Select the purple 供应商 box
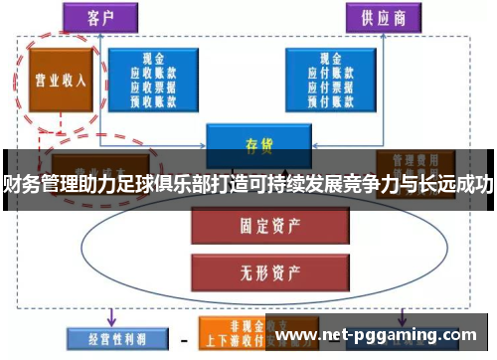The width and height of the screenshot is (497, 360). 384,18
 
